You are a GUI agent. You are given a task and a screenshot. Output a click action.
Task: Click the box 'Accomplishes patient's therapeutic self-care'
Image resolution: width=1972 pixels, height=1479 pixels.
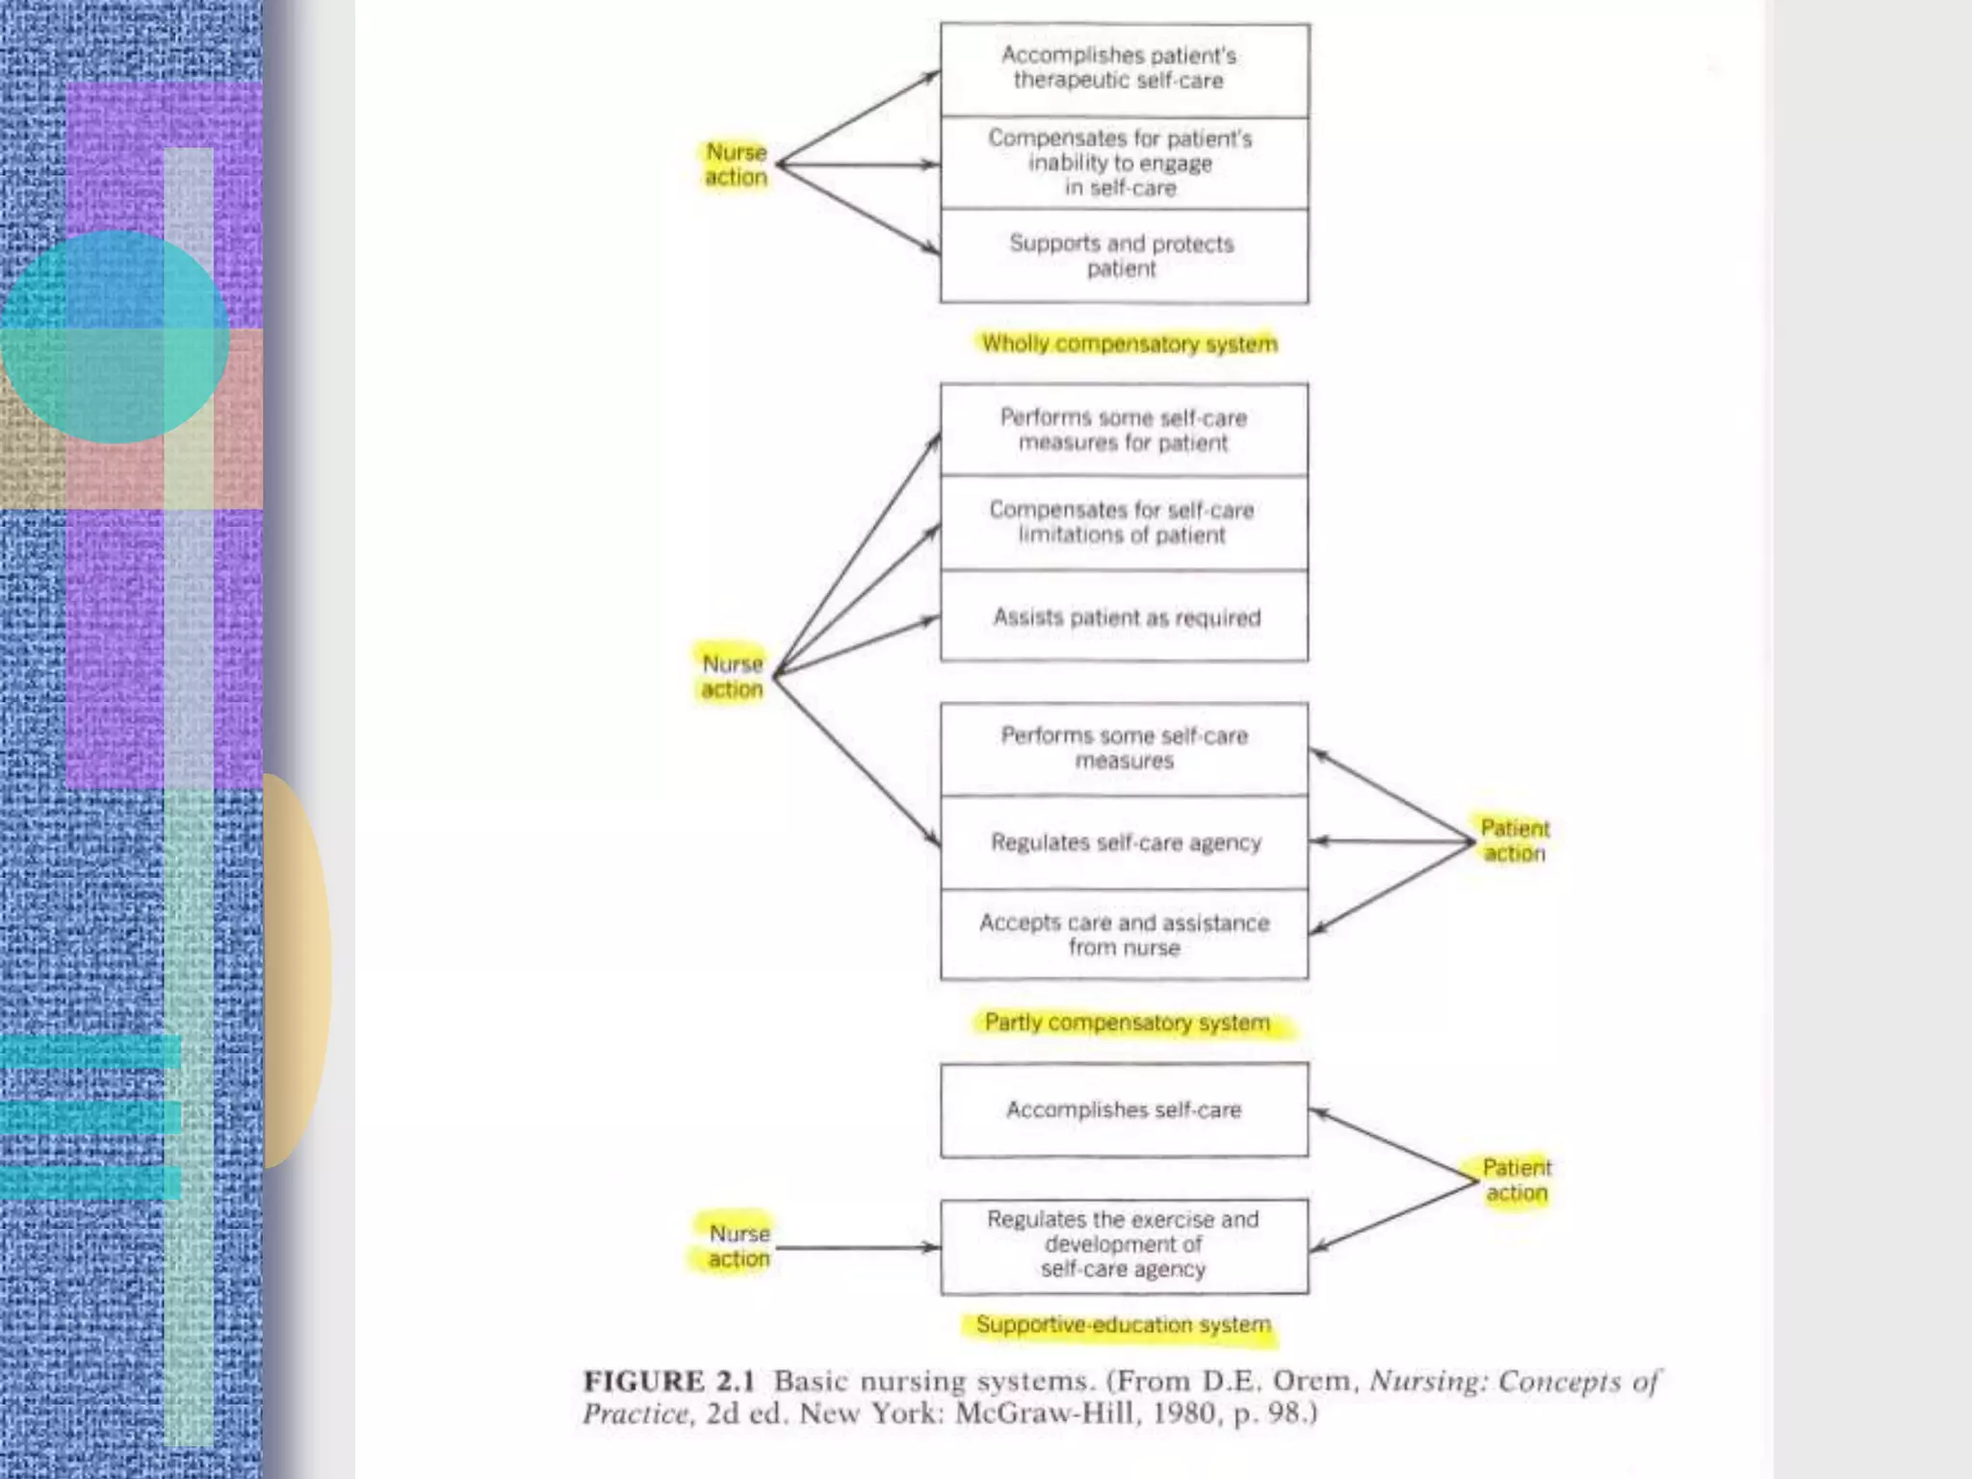[1124, 69]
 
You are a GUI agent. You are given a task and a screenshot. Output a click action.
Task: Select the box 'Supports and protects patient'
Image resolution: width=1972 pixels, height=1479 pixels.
[1124, 256]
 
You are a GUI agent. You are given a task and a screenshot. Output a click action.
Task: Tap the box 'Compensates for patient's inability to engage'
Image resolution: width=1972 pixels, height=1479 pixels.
[1124, 163]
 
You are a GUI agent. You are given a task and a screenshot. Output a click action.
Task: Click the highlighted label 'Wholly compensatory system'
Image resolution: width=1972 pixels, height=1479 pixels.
[1129, 344]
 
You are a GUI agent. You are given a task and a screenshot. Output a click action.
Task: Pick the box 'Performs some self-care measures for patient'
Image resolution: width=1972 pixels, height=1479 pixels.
[1124, 430]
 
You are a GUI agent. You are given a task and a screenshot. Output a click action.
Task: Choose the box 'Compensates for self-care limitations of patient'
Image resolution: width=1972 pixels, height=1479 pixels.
[1124, 522]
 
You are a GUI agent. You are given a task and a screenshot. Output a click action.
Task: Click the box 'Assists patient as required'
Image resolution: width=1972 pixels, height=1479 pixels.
[1124, 617]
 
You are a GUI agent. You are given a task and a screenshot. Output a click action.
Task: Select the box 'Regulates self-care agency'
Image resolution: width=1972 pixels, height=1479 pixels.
[1124, 843]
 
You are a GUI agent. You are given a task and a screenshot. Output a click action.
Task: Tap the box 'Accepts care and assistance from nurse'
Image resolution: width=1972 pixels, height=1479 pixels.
[1124, 935]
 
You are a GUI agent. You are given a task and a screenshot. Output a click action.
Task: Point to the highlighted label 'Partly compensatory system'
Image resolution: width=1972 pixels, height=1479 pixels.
[1128, 1023]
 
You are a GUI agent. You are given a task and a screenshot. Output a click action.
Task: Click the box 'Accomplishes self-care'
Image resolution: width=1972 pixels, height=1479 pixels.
[1124, 1110]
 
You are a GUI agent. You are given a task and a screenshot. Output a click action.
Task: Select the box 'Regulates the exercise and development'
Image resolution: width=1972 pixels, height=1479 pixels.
[1124, 1245]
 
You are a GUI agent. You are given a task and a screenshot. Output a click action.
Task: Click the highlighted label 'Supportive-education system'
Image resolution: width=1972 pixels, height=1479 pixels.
[1123, 1325]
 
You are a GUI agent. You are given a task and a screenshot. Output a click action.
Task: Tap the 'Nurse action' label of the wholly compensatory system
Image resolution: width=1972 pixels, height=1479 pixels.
[737, 165]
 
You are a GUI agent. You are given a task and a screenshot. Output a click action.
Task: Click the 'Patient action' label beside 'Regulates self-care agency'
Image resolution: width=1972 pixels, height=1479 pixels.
[1515, 841]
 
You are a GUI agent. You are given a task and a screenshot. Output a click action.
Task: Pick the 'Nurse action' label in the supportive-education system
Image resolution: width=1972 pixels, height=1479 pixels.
[739, 1246]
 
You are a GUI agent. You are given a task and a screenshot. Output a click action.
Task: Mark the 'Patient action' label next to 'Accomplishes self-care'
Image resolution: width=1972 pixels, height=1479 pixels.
[1517, 1181]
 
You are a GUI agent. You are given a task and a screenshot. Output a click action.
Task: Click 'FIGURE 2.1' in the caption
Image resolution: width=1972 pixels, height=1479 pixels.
[668, 1382]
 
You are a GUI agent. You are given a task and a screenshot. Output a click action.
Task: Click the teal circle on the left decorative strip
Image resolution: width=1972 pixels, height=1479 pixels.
[114, 337]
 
